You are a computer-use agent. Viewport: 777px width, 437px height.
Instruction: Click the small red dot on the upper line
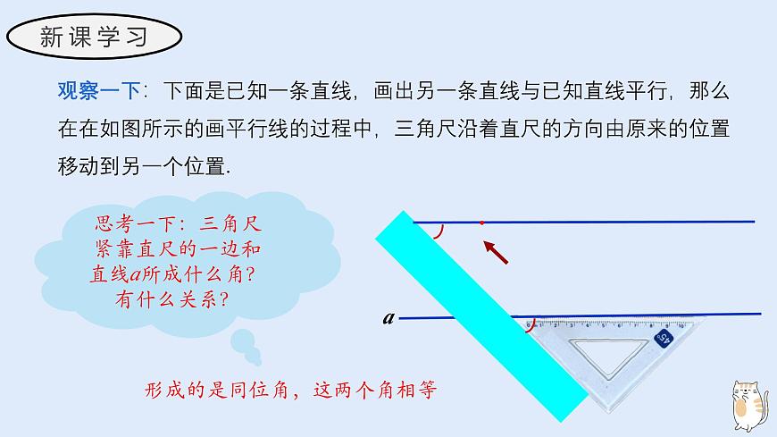tap(481, 223)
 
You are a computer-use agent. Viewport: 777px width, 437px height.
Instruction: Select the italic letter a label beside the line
tap(388, 316)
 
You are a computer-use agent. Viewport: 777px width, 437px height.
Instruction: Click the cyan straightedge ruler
tap(473, 313)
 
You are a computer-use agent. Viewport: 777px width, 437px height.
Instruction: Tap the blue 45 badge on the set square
tap(664, 337)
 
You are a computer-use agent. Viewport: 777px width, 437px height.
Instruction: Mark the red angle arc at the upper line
tap(438, 232)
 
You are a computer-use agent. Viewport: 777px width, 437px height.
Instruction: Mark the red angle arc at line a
tap(532, 326)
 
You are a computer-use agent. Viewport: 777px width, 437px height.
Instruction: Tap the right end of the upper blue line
tap(752, 221)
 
